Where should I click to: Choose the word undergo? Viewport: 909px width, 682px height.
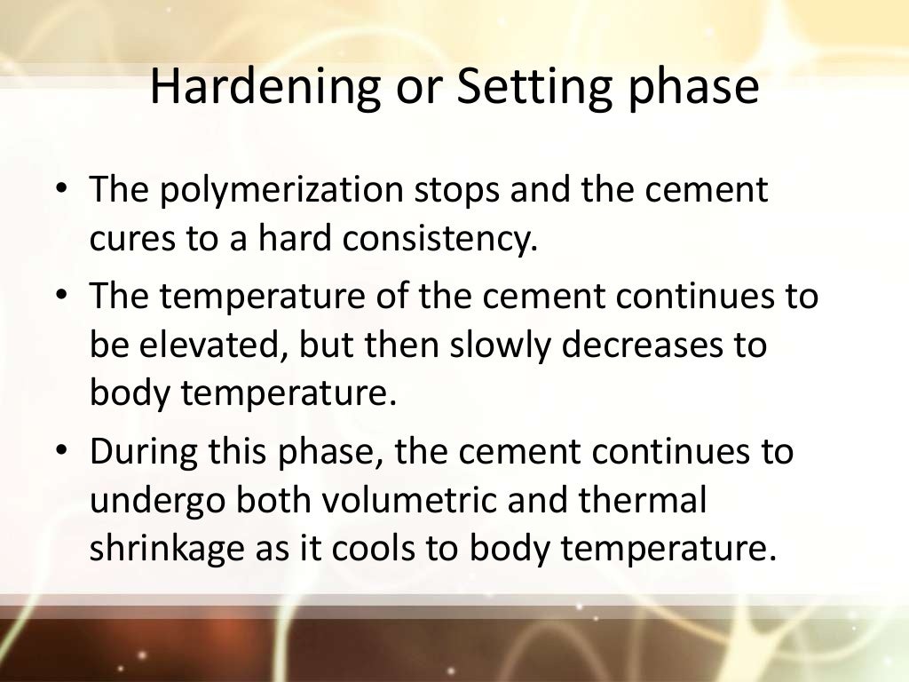tap(156, 502)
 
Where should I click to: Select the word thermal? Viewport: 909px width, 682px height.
tap(643, 501)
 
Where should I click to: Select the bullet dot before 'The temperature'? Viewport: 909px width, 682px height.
tap(60, 297)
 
